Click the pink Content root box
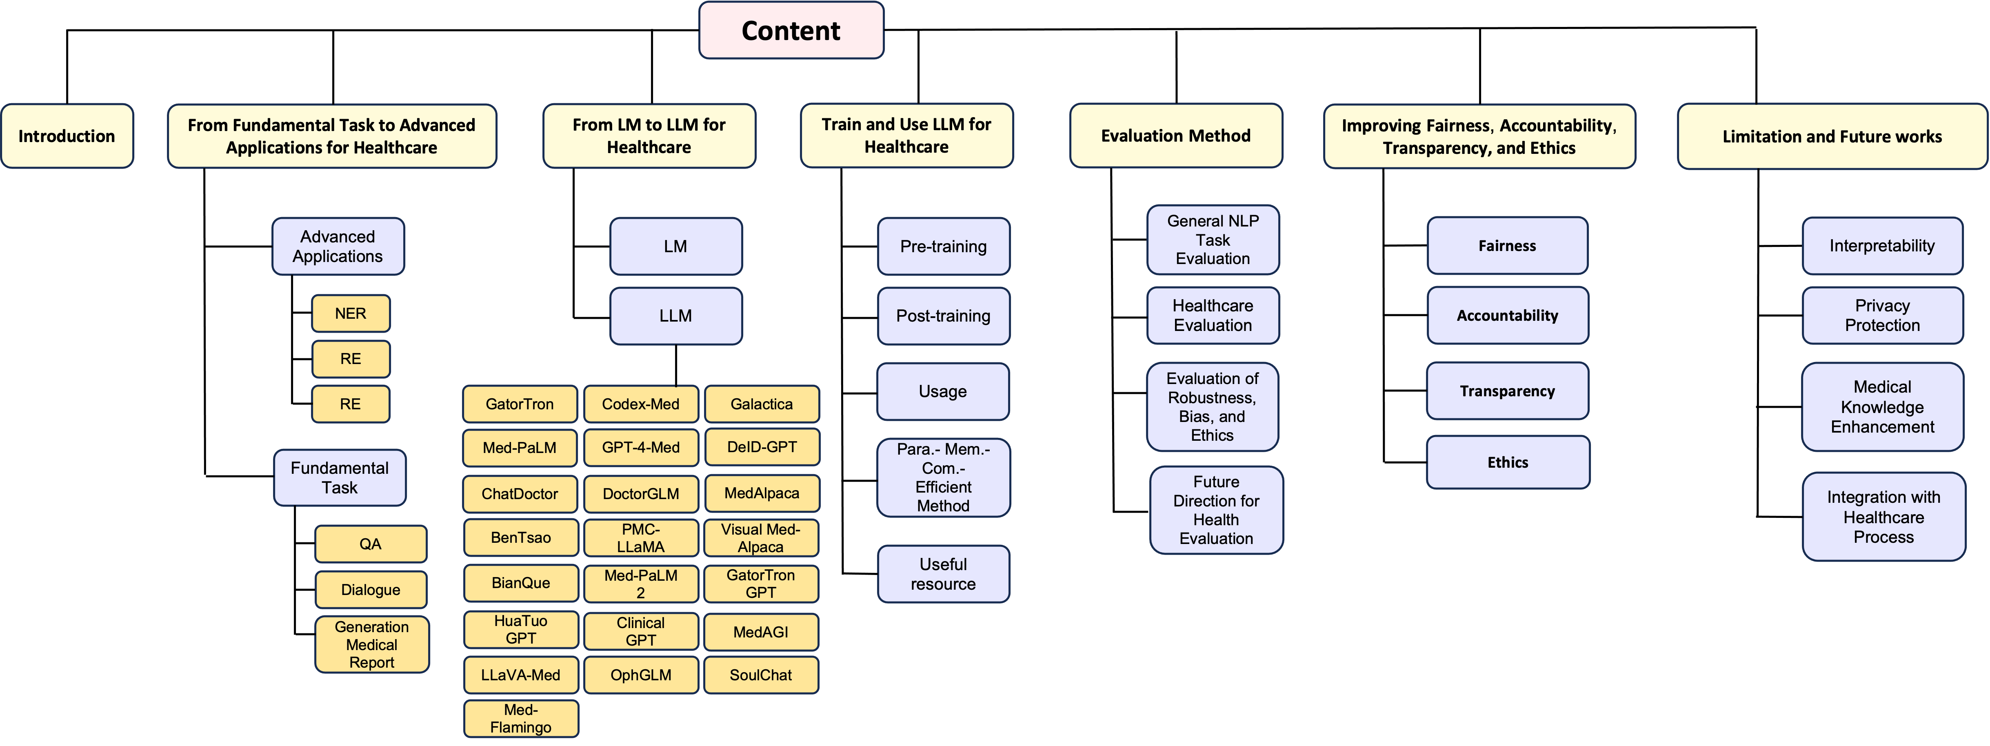(791, 30)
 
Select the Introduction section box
(67, 136)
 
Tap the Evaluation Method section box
(1175, 136)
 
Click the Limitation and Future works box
(1832, 137)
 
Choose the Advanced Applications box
(338, 246)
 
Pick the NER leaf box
(350, 313)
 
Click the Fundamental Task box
(339, 477)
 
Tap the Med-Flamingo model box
(521, 718)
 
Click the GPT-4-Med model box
(640, 447)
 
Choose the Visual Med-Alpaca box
(761, 537)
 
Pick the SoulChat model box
(761, 675)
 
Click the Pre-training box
(943, 246)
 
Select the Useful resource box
(943, 574)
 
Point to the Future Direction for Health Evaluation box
(1216, 510)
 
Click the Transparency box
(1507, 391)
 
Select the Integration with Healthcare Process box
(1883, 517)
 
